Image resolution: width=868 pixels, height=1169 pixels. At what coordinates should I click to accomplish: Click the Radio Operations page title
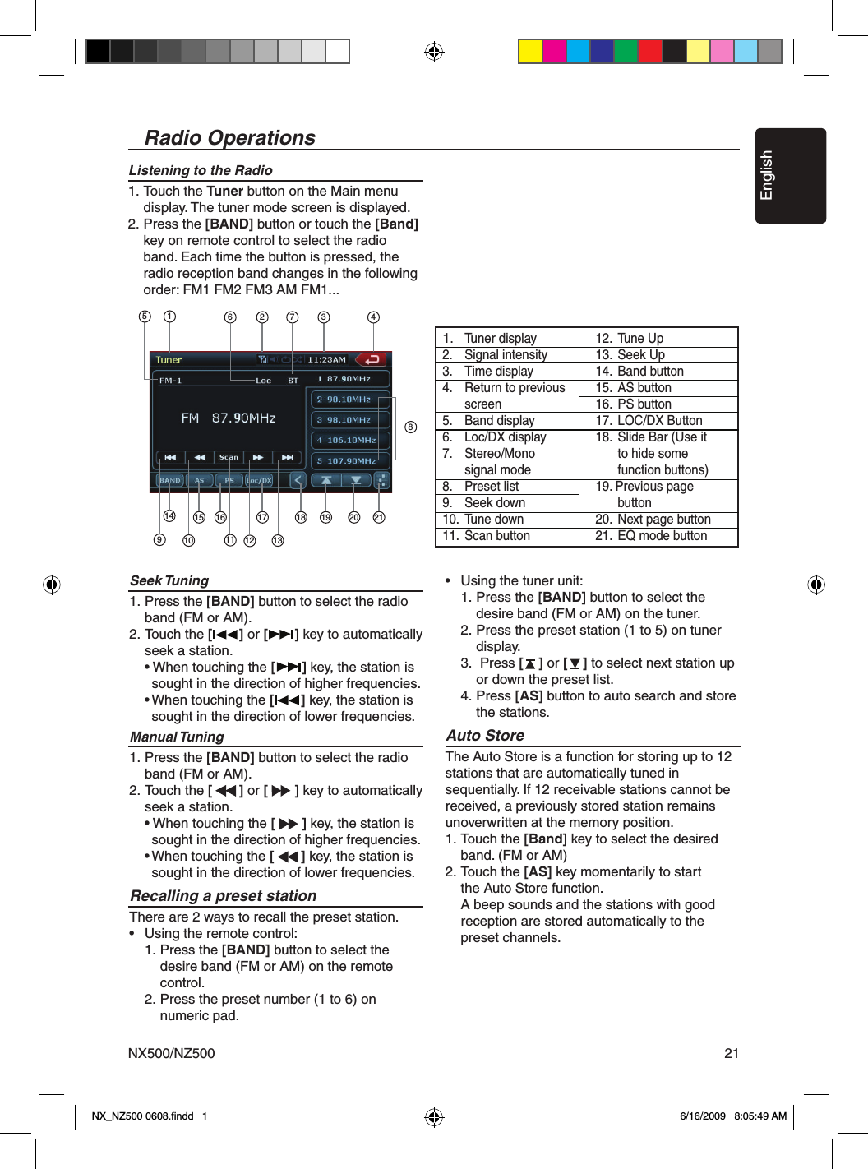tap(229, 137)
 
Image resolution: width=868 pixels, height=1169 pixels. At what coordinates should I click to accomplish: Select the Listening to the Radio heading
tap(201, 170)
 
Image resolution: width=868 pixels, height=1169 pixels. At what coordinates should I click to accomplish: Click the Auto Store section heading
tap(485, 735)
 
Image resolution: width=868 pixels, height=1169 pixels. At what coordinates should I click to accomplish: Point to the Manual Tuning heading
tap(177, 737)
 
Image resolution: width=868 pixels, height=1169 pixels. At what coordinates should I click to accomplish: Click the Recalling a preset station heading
tap(223, 895)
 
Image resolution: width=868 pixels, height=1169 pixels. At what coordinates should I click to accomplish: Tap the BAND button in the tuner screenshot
tap(170, 480)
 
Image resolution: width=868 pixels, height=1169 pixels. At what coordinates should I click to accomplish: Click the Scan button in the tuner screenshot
tap(229, 457)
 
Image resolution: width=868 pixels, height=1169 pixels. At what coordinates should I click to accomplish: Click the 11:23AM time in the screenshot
tap(326, 359)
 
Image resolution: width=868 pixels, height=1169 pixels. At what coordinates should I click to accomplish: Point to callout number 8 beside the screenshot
tap(410, 427)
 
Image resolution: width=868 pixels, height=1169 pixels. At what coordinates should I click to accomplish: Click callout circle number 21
tap(379, 517)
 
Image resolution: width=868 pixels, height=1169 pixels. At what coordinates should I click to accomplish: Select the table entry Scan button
tap(496, 536)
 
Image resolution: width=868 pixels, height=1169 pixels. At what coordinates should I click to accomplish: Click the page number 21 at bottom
tap(732, 1053)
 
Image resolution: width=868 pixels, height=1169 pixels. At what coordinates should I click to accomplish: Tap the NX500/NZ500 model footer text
tap(171, 1053)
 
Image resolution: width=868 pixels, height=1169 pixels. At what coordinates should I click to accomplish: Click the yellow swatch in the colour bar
tap(530, 51)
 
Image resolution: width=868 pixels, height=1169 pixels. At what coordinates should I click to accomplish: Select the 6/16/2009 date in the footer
tap(702, 1116)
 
